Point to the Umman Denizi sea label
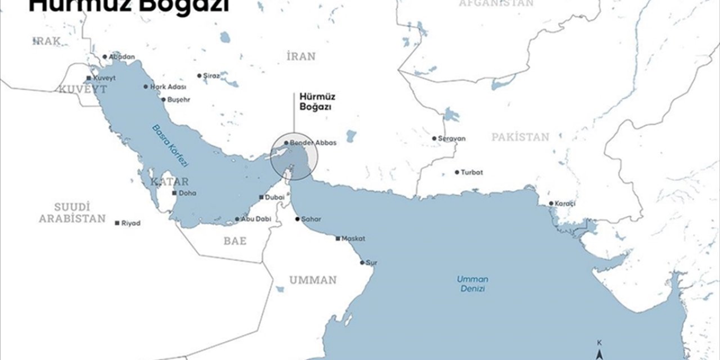(472, 283)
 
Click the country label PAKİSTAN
(520, 137)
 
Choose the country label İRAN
(301, 56)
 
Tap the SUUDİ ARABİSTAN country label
(72, 213)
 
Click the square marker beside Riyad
(117, 223)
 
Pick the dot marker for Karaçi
(551, 204)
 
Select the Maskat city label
(353, 238)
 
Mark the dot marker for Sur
(362, 263)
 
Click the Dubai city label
(275, 197)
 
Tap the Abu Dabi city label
(252, 219)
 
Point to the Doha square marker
(174, 193)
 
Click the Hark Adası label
(168, 87)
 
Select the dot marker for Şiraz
(199, 75)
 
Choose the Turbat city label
(472, 172)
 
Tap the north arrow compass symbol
(600, 353)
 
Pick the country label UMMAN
(313, 280)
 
